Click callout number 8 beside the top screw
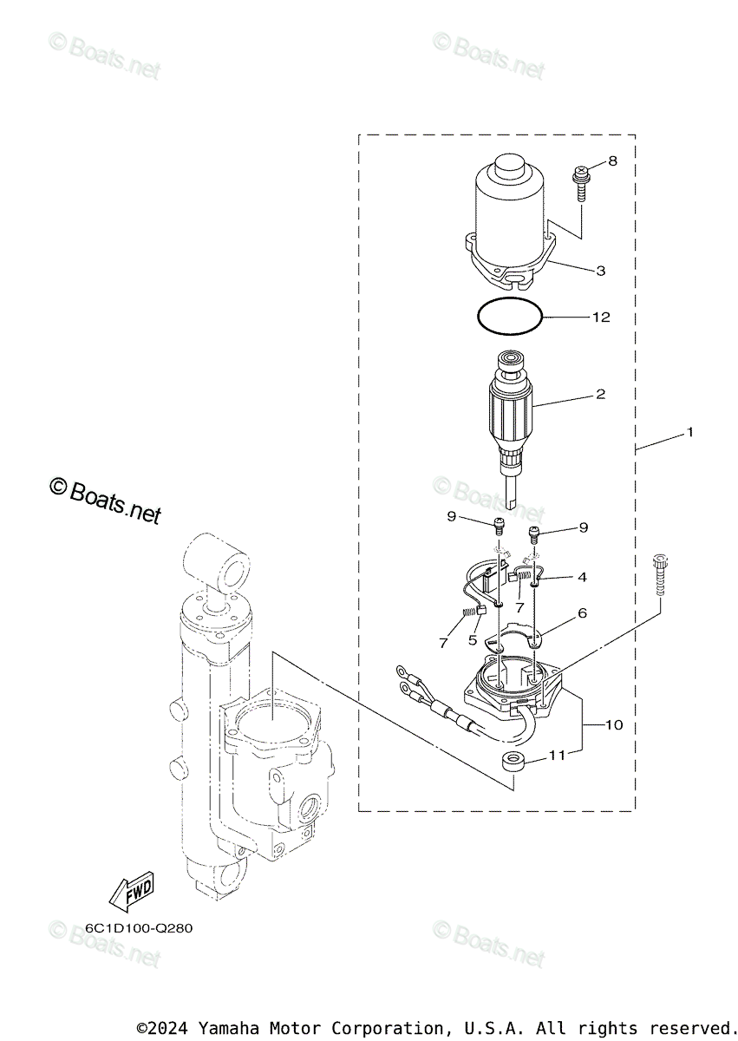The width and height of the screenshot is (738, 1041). coord(612,160)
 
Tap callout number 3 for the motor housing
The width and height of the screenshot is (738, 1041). coord(600,271)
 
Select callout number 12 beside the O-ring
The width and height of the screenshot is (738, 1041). coord(601,317)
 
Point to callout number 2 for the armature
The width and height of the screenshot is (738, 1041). coord(600,394)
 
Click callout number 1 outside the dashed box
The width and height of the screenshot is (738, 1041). coord(690,432)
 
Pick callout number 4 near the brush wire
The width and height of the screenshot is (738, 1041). coord(582,577)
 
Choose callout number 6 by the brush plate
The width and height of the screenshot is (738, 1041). coord(582,613)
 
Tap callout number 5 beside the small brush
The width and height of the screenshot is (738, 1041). coord(473,640)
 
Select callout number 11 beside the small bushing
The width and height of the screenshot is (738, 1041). coord(557,756)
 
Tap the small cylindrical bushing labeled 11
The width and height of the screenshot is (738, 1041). coord(513,763)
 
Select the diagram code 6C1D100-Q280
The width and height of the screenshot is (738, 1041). coord(139,928)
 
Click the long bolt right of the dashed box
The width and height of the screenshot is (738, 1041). coord(660,575)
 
